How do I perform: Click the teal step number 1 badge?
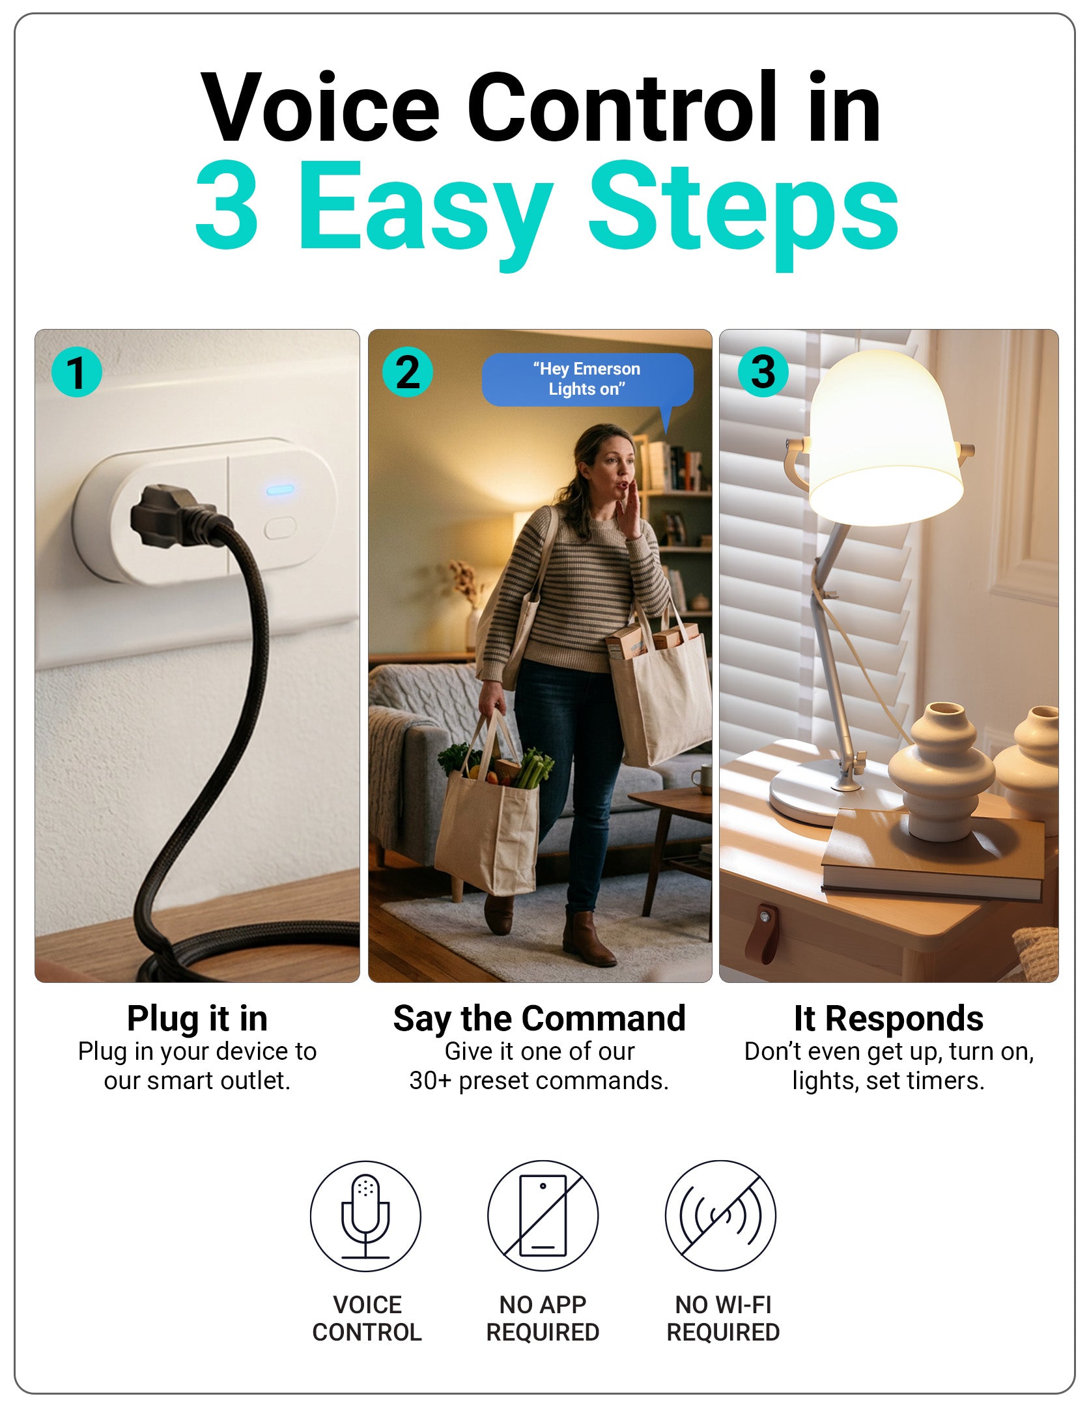coord(77,372)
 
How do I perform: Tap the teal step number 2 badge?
coord(408,372)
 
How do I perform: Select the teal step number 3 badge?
coord(763,372)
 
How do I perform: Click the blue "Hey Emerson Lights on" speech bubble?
coord(587,380)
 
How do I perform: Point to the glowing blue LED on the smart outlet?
coord(281,489)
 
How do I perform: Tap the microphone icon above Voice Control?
coord(365,1215)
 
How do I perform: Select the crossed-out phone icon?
coord(543,1215)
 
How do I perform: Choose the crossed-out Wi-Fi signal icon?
coord(720,1215)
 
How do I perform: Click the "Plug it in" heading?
coord(197,1019)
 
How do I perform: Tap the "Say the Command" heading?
coord(539,1019)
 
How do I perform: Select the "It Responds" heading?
coord(888,1019)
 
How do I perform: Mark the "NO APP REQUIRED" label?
coord(543,1318)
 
